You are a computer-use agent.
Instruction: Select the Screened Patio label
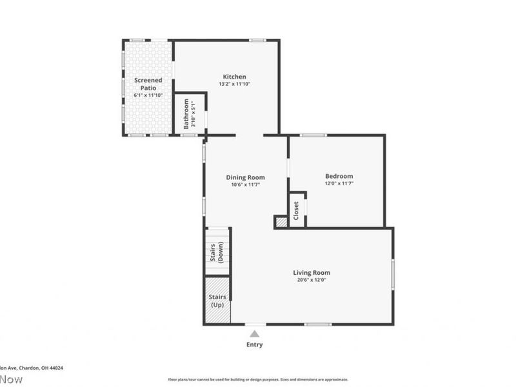click(x=148, y=84)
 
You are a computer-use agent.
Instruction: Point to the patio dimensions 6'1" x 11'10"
click(x=148, y=95)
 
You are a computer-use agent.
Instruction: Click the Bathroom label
click(x=186, y=114)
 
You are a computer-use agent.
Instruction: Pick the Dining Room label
click(x=245, y=177)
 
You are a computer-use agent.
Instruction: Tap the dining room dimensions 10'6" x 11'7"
click(x=245, y=184)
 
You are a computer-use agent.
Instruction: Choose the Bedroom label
click(x=339, y=176)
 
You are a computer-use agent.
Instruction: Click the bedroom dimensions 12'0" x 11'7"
click(x=339, y=183)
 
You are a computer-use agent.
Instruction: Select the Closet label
click(x=296, y=210)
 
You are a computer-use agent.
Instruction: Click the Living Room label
click(x=312, y=273)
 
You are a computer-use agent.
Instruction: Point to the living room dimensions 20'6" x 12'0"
click(x=312, y=280)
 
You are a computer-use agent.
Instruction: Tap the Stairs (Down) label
click(x=216, y=252)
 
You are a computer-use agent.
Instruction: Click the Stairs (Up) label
click(x=217, y=301)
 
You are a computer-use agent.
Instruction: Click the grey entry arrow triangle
click(x=255, y=333)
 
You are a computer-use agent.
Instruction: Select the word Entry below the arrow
click(x=255, y=344)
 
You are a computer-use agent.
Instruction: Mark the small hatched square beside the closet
click(x=281, y=222)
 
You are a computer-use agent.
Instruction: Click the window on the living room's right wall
click(x=393, y=274)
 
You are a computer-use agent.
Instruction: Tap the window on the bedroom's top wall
click(x=313, y=135)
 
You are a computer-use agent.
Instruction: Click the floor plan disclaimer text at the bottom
click(x=258, y=379)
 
